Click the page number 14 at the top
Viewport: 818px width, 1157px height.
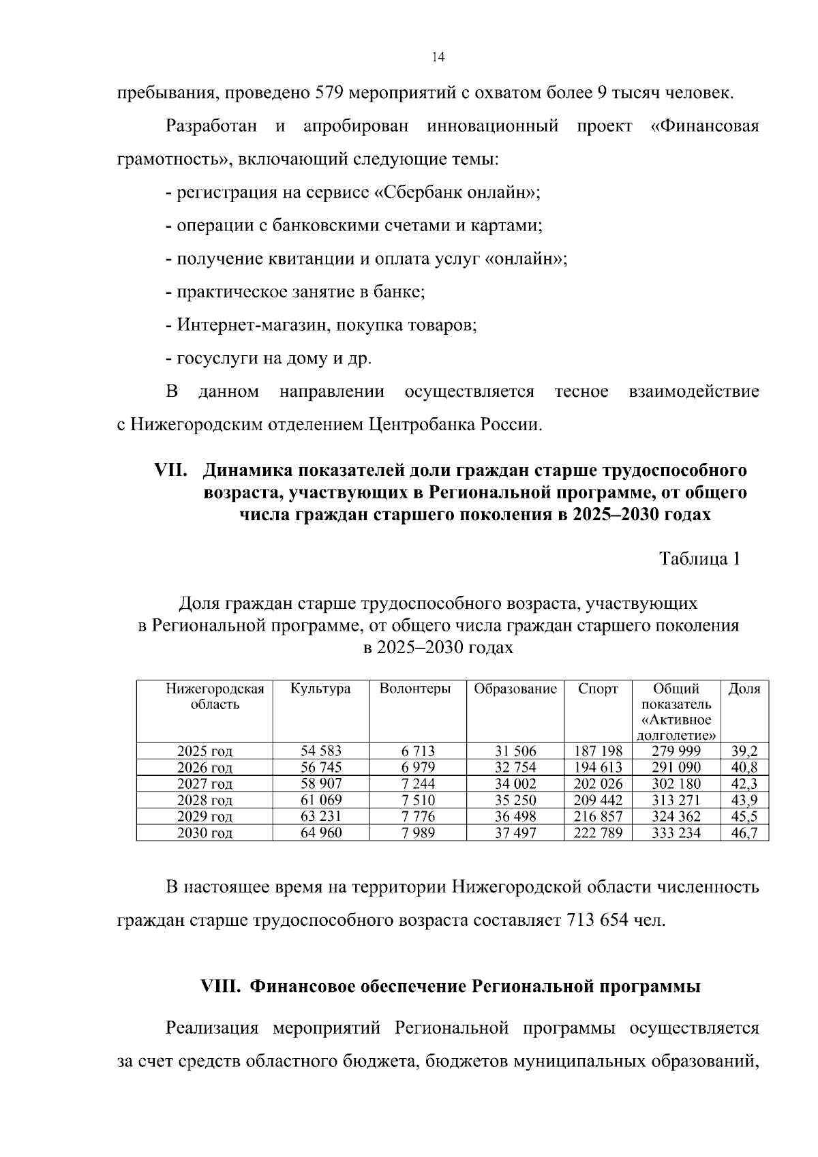(x=438, y=57)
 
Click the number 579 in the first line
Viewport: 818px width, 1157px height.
(x=332, y=93)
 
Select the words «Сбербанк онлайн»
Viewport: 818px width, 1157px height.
(x=454, y=192)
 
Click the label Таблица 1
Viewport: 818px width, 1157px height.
(x=699, y=559)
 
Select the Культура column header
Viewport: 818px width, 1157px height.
(x=320, y=689)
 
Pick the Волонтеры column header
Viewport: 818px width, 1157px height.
(x=415, y=689)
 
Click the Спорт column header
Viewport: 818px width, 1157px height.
(x=598, y=689)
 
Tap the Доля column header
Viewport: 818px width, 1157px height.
(x=744, y=689)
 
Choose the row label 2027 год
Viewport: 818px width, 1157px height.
(x=204, y=784)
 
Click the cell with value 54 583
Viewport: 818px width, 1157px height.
(x=321, y=751)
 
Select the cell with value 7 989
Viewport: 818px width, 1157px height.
(x=418, y=832)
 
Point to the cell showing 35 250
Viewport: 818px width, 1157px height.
(x=515, y=800)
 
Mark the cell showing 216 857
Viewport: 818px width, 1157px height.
(x=598, y=816)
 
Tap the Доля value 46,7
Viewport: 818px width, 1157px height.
(x=744, y=832)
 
